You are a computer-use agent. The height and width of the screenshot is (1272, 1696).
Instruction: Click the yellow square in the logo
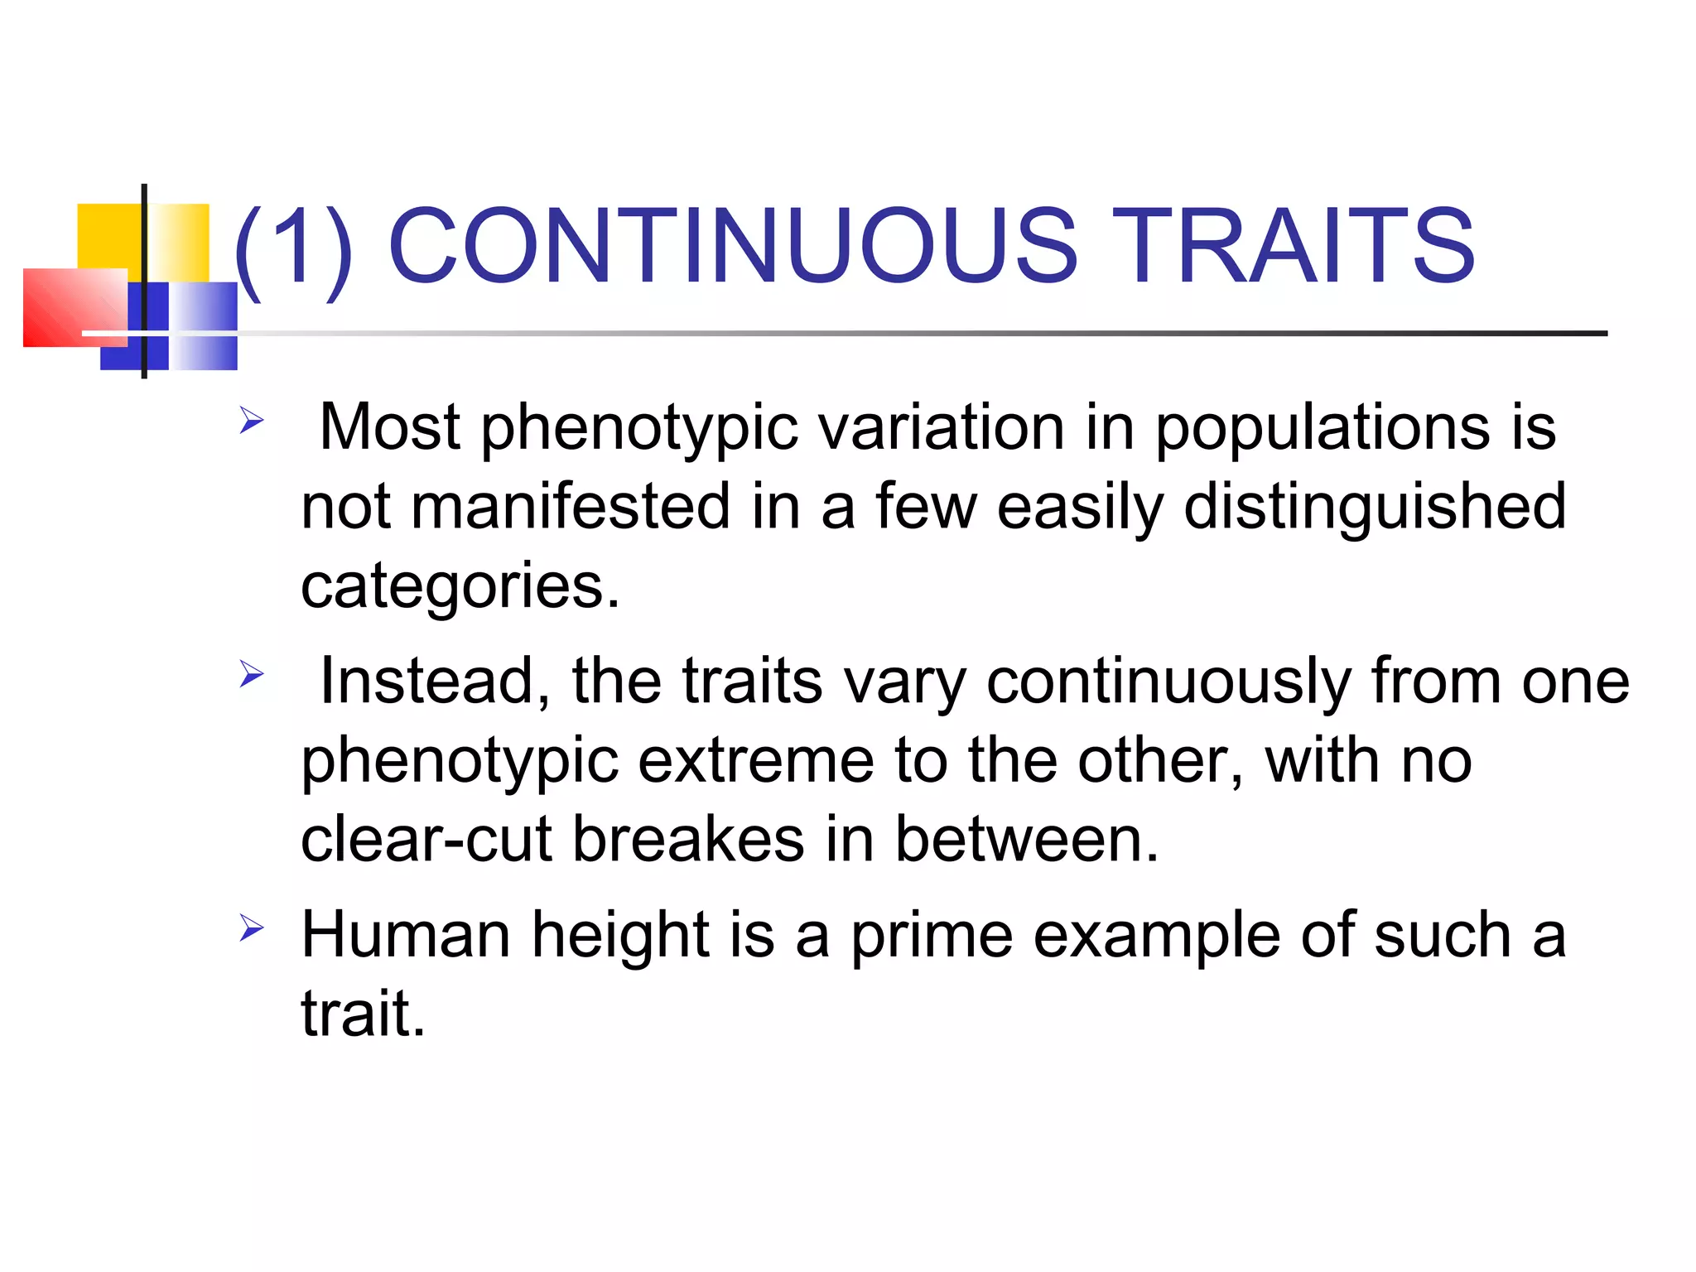[x=112, y=236]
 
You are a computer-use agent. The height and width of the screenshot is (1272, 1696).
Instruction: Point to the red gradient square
[x=75, y=307]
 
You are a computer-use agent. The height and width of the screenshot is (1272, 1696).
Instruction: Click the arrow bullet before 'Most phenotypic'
[x=251, y=421]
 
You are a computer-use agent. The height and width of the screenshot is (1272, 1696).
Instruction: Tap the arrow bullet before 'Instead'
[x=251, y=674]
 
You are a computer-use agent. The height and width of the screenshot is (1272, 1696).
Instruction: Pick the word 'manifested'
[x=571, y=507]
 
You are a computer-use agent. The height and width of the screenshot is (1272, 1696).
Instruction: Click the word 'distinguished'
[x=1375, y=507]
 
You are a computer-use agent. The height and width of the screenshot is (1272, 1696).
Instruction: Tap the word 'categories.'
[x=460, y=586]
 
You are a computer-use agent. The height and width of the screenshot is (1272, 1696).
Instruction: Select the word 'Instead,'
[x=435, y=681]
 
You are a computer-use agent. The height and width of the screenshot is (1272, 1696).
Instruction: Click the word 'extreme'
[x=756, y=760]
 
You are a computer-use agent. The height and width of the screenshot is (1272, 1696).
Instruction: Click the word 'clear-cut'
[x=426, y=839]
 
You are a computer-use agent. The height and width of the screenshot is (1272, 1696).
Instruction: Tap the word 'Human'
[x=406, y=934]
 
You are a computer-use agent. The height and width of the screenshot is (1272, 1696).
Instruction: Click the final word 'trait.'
[x=363, y=1012]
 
